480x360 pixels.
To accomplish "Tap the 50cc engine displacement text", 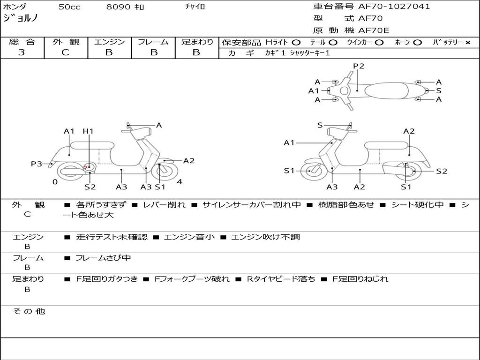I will point(69,7).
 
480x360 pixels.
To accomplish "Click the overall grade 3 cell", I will point(22,52).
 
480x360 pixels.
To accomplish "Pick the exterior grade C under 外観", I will point(65,52).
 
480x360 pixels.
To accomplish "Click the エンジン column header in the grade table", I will point(109,42).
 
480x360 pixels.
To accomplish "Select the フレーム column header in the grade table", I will point(153,42).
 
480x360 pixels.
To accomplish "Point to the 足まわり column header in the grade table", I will point(197,42).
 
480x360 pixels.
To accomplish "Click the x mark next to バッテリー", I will point(468,43).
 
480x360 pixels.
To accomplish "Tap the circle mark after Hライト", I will point(296,43).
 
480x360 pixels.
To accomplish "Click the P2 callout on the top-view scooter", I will point(359,66).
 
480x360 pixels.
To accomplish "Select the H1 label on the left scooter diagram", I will point(88,131).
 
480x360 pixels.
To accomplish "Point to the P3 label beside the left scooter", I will point(37,164).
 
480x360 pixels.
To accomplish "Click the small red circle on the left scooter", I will point(85,166).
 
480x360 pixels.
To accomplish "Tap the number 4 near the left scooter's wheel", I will point(180,182).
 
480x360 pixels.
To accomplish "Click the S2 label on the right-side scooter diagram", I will point(442,171).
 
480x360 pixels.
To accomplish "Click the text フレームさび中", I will point(103,258).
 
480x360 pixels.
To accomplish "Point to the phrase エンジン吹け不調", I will point(265,237).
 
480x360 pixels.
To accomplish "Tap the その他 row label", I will point(29,311).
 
